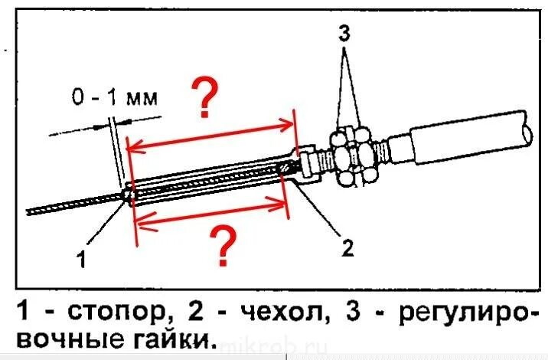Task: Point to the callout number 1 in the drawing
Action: click(x=82, y=260)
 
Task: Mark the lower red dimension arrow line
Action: click(x=210, y=213)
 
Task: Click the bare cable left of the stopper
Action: click(x=69, y=205)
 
